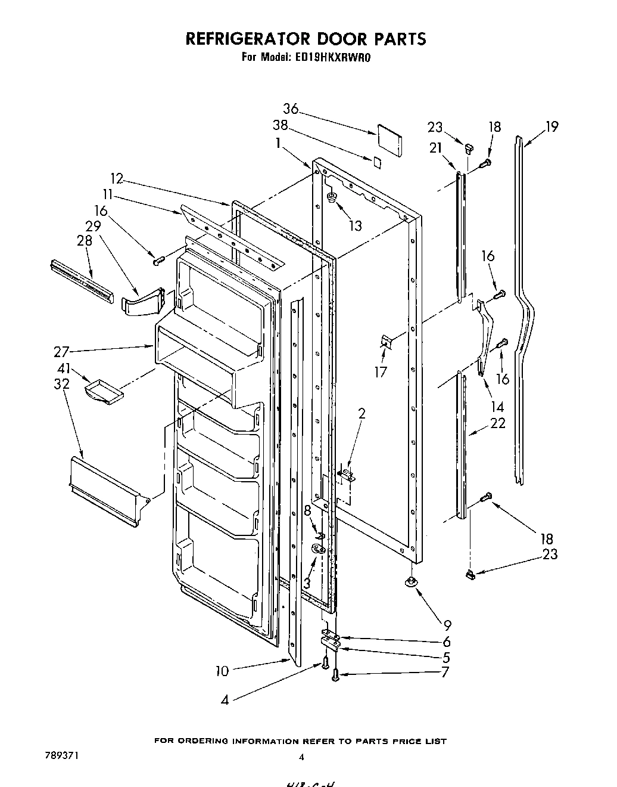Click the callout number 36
291,109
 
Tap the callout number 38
280,126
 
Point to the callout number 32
61,384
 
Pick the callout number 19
551,126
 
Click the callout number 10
222,671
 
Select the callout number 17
381,373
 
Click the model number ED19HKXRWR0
331,58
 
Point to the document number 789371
62,755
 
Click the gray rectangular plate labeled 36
389,138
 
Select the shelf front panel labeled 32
105,492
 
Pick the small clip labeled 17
387,342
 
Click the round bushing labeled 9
410,582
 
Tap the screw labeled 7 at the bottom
335,674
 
